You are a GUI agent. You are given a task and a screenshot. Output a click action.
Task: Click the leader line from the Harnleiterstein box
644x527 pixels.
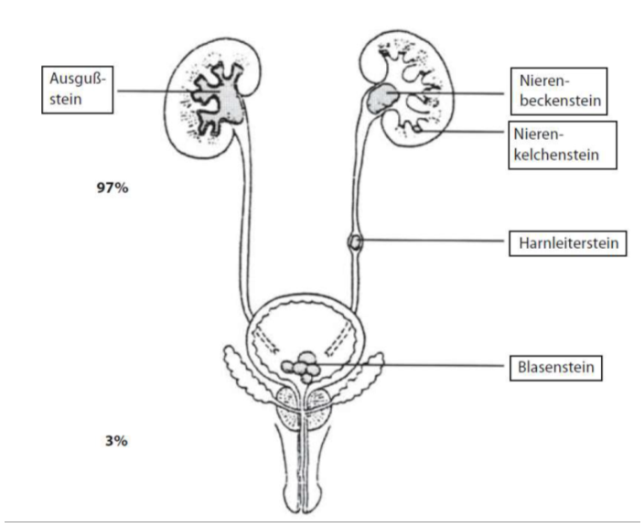click(430, 242)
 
